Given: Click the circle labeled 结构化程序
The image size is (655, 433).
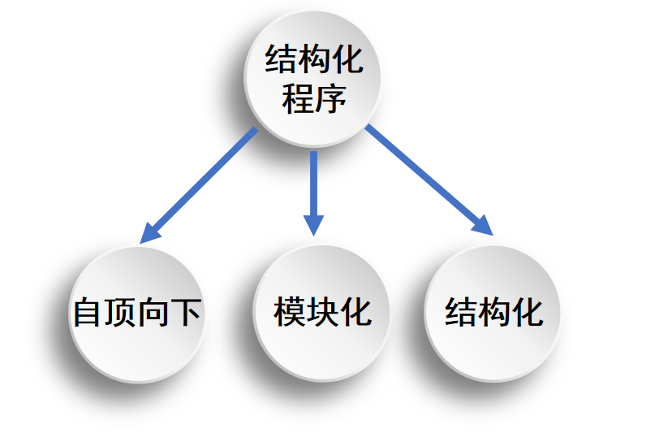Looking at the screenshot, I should (x=313, y=79).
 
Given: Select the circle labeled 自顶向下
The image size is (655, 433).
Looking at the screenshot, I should (x=136, y=314).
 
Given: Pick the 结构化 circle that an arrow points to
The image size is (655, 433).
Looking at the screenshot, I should (x=493, y=312).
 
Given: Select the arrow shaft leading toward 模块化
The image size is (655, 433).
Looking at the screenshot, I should (x=313, y=183).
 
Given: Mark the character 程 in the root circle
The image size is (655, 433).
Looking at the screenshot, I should (x=297, y=99).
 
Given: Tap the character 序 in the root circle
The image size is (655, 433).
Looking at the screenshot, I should (x=330, y=99).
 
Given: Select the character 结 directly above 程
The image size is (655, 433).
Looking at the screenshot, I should (x=281, y=60).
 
